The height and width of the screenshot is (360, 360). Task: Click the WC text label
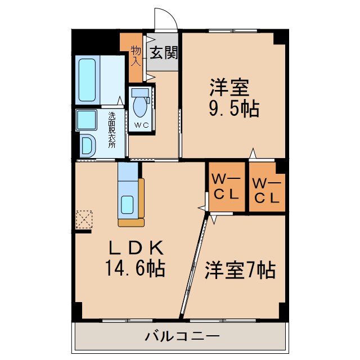pos(141,125)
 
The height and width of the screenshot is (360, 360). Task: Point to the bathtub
pos(88,80)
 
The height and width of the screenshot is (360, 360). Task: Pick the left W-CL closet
pos(226,188)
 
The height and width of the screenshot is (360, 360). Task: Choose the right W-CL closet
pos(267,190)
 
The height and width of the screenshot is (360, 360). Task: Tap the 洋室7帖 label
pos(239,271)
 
